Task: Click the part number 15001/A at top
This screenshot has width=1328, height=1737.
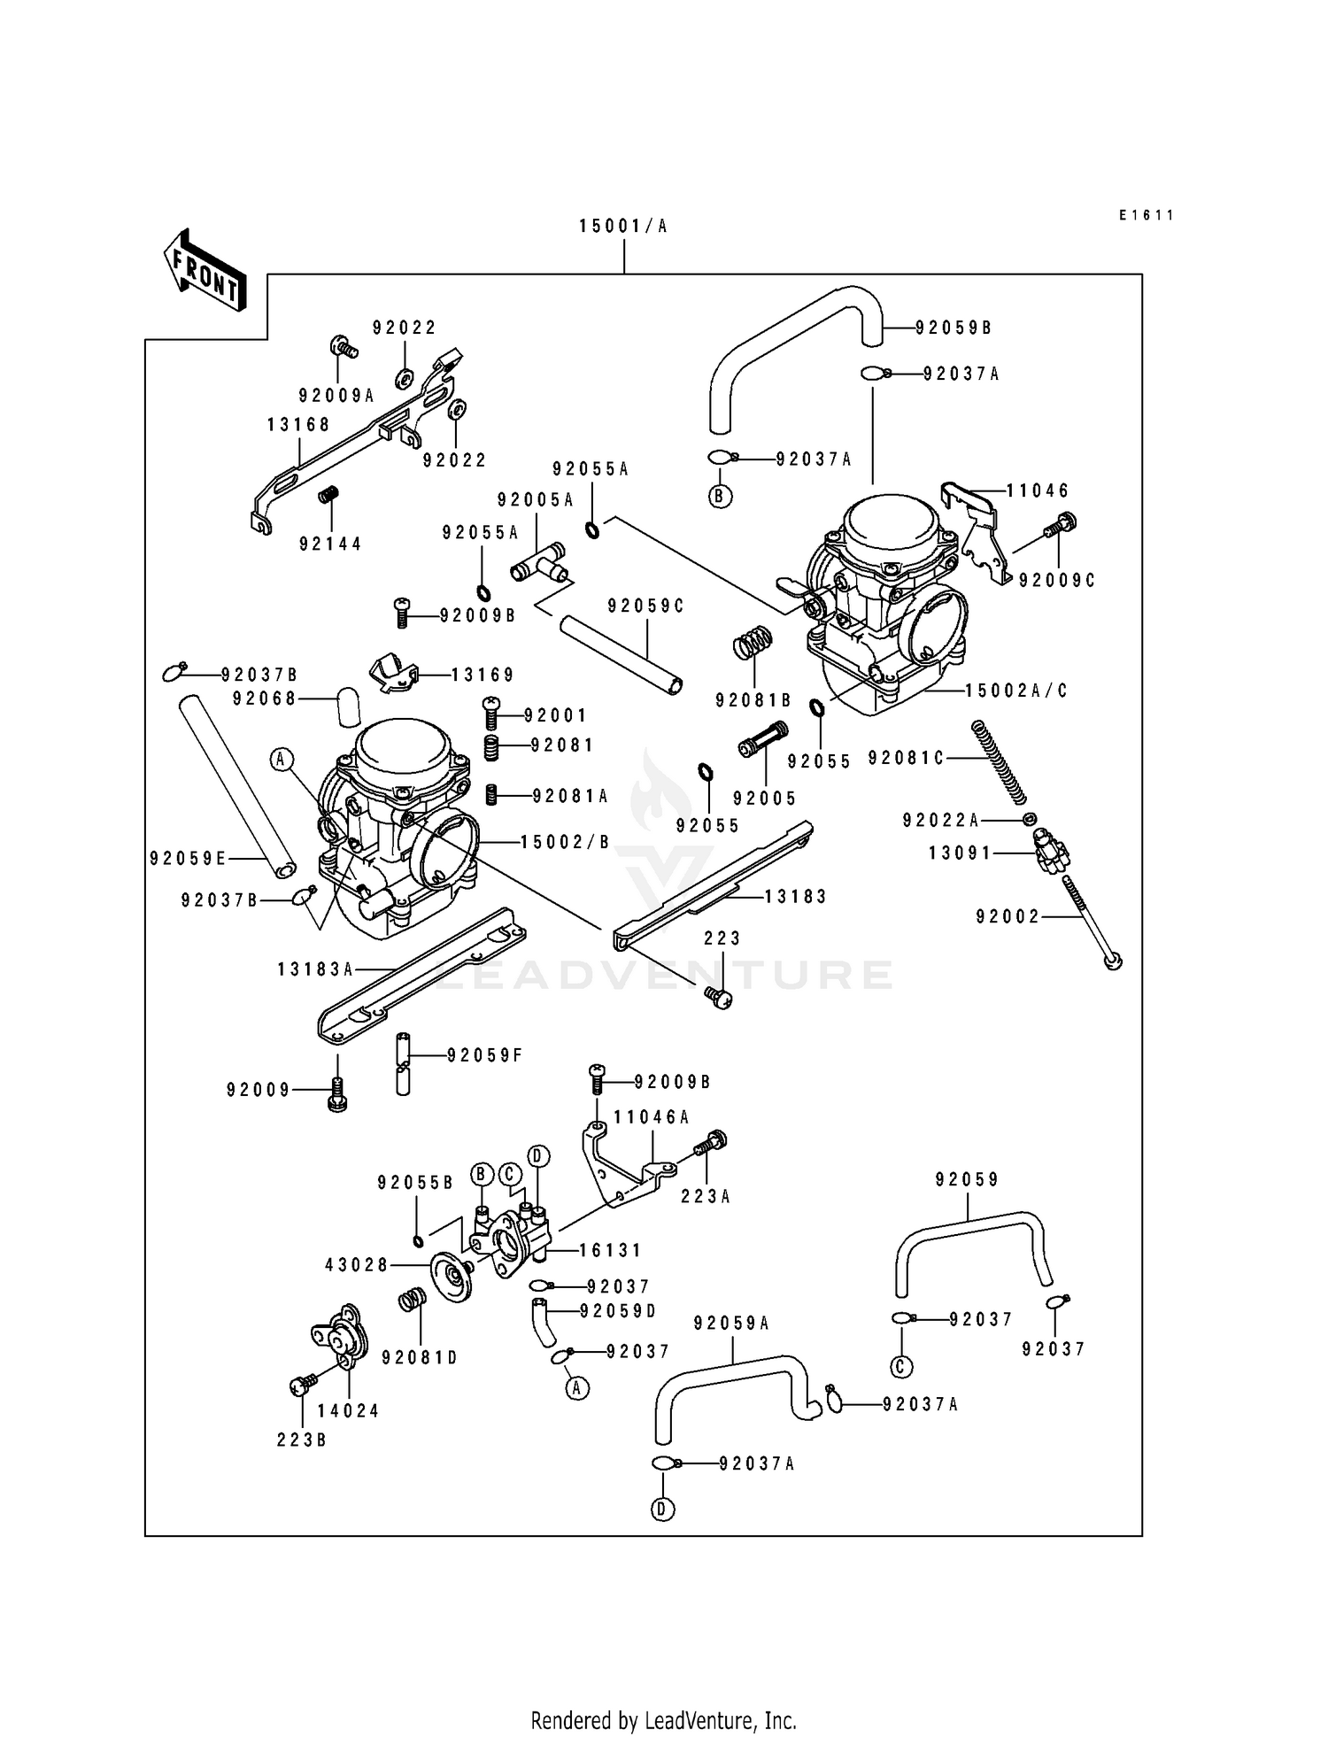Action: coord(623,227)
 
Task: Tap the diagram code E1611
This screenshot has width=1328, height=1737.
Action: coord(1146,215)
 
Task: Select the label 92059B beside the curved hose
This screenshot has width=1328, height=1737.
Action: coord(954,328)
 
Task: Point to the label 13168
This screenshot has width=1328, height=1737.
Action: coord(298,425)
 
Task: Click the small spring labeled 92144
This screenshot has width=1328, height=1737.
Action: coord(328,496)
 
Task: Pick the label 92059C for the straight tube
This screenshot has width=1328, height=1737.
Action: coord(646,606)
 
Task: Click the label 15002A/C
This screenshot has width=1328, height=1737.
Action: coord(1016,691)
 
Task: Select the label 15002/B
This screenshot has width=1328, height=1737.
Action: coord(565,842)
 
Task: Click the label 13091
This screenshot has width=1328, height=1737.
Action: coord(960,853)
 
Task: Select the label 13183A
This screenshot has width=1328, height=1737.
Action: coord(315,969)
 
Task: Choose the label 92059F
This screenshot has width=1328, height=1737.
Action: coord(484,1055)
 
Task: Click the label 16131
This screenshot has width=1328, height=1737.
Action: coord(610,1250)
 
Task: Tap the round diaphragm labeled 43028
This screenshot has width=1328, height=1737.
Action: coord(452,1276)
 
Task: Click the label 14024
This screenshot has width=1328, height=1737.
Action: coord(348,1411)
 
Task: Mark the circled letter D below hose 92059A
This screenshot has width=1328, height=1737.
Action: coord(663,1509)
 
